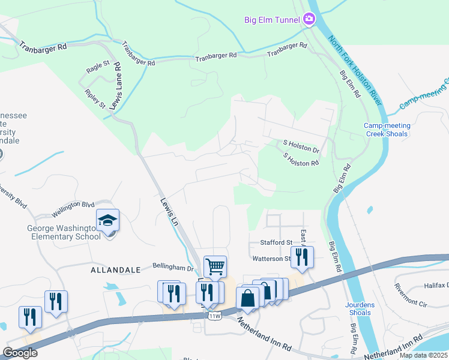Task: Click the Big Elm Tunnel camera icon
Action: tap(309, 19)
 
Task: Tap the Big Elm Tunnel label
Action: tap(271, 20)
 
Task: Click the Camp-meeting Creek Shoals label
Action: tap(387, 130)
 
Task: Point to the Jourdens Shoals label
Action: tap(360, 308)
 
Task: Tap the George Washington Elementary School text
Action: tap(64, 232)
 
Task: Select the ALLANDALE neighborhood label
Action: tap(115, 271)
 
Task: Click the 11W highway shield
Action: tap(214, 316)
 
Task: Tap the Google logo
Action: tap(20, 353)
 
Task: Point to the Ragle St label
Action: tap(98, 67)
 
